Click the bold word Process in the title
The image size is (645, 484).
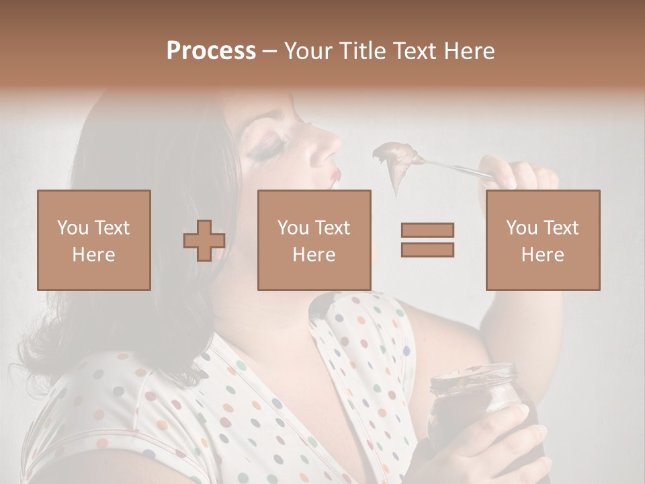[x=211, y=51]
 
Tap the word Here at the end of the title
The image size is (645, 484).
[x=468, y=51]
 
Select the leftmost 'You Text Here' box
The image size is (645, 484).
[x=94, y=240]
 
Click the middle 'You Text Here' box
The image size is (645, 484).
[x=314, y=240]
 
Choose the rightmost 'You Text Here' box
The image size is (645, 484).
[x=542, y=240]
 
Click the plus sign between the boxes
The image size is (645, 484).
[x=204, y=241]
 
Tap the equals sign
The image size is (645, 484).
[x=427, y=240]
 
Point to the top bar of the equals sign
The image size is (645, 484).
[x=427, y=230]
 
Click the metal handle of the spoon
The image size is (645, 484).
[x=457, y=167]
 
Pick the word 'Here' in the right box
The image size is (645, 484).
[x=542, y=254]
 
